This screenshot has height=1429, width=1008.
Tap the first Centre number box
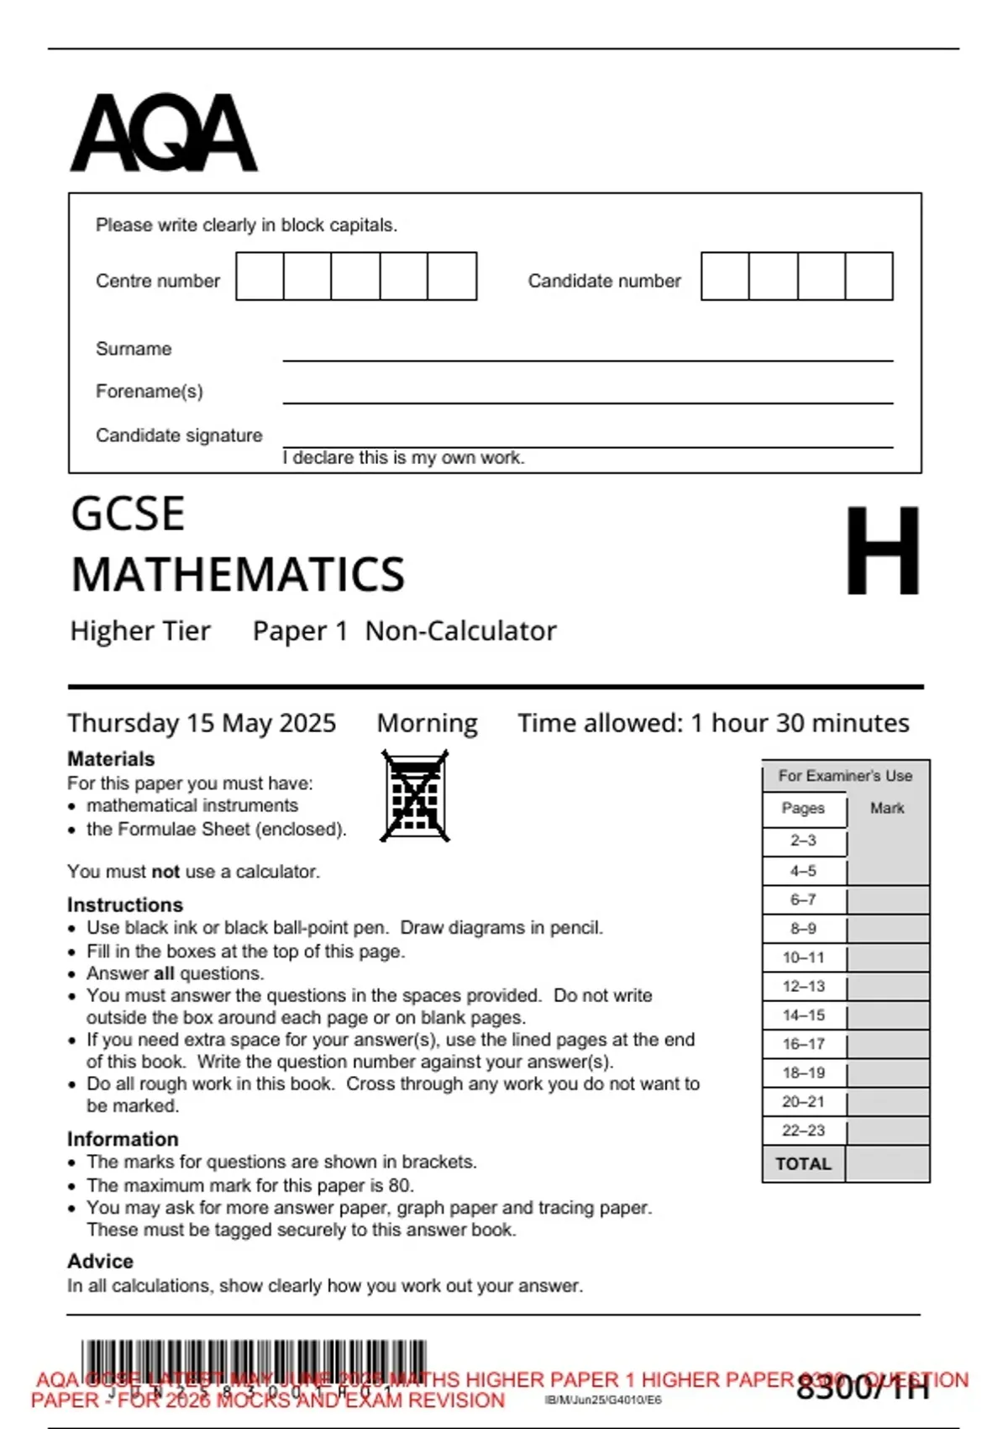pos(260,277)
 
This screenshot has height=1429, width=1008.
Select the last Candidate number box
pos(869,277)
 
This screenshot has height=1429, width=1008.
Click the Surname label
pos(134,349)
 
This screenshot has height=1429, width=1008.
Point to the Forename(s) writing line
pos(587,402)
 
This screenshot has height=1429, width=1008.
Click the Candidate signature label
pos(179,435)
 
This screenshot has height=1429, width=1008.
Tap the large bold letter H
pos(882,551)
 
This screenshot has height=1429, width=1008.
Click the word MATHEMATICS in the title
pos(238,575)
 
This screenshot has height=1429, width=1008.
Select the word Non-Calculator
pos(460,631)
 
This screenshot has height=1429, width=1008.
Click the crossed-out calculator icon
pos(415,796)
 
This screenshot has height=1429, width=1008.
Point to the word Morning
pos(427,724)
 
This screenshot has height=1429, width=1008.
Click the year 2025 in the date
pos(307,724)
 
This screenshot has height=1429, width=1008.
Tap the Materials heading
pos(111,759)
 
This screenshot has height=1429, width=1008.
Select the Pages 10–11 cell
pos(804,957)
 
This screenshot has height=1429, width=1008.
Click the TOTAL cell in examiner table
pos(804,1164)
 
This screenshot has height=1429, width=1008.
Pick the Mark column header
pos(887,809)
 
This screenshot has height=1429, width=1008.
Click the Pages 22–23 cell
pos(804,1131)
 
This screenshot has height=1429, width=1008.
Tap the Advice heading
pos(100,1262)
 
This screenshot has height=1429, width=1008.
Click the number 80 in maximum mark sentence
pos(400,1185)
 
